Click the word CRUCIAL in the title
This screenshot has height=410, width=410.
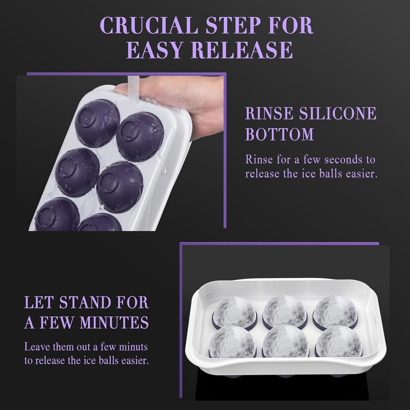tap(148, 26)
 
